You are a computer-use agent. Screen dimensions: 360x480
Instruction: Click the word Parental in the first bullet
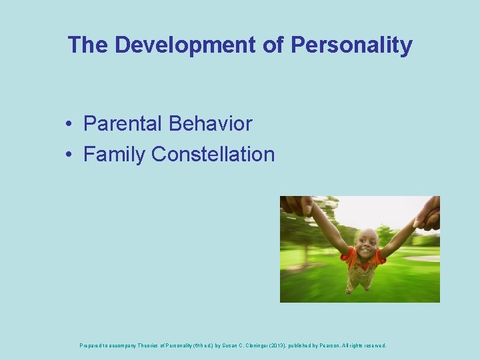(123, 123)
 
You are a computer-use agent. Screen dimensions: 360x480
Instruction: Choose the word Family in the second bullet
(114, 154)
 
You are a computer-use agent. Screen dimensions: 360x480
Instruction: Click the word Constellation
(213, 154)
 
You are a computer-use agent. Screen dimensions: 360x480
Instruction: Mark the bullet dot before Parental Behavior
(69, 125)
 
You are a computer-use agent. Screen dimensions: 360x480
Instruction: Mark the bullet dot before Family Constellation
(69, 155)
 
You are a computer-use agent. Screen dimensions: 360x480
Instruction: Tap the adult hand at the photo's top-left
(295, 205)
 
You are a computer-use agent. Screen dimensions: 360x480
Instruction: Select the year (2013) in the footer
(295, 346)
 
